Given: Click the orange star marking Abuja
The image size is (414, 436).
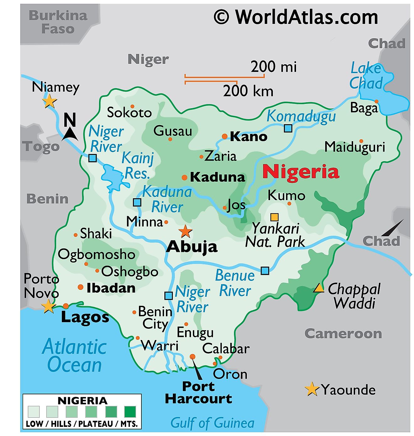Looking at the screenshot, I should coord(185,232).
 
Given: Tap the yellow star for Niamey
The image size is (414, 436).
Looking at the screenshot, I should coord(50,101).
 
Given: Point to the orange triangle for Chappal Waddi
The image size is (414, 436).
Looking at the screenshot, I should coord(319,288).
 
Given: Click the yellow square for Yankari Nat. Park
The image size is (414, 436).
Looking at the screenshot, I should coord(274,217).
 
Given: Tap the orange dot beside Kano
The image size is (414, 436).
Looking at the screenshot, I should coord(225,136).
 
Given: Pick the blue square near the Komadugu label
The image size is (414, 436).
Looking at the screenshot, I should coord(288,128).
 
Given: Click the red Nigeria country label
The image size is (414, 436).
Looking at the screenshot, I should coord(301,172).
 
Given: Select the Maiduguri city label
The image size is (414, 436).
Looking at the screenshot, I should coord(354,147).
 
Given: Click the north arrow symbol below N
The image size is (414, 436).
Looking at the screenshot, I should coord(71,134).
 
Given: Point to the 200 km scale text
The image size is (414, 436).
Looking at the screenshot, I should coord(248,91).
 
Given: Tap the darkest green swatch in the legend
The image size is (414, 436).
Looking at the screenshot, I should coord(130,411).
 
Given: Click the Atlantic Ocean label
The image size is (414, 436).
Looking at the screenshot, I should coord(74,356).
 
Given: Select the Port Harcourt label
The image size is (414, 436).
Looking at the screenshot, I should coord(198,392).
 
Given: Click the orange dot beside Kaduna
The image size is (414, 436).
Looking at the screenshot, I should coord(184,178).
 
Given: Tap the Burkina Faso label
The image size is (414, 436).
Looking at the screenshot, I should coord(58,22).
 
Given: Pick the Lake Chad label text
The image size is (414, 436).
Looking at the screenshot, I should coord(366,76).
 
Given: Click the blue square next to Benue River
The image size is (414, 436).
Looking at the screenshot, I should coord(265,271).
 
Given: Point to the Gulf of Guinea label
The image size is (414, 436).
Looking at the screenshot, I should coord(212,423).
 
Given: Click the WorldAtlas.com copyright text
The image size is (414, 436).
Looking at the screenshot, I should coord(296,17).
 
